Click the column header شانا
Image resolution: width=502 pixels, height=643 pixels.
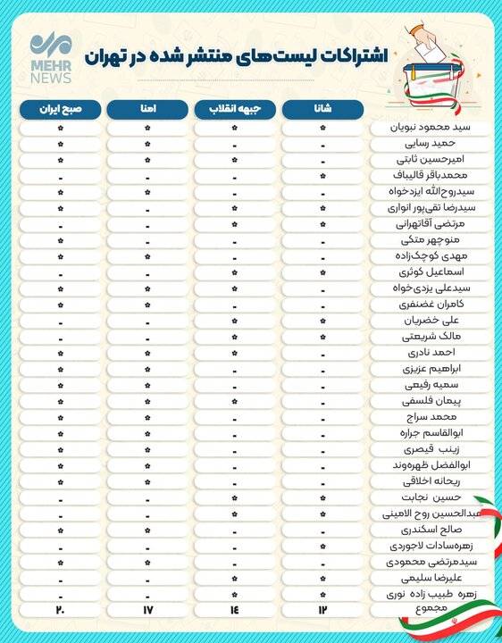coord(322,109)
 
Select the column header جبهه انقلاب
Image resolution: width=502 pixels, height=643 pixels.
coord(235,109)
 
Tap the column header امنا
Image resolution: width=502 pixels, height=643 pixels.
coord(147,109)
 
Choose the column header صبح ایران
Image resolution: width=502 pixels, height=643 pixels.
coord(60,109)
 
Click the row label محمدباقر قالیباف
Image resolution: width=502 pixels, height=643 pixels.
coord(431,176)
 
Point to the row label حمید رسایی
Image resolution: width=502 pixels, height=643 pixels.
coord(431,143)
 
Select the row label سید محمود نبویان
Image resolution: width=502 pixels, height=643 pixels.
coord(431,128)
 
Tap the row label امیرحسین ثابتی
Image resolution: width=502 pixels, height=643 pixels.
coord(431,159)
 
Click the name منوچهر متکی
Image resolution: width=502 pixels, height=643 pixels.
coord(431,239)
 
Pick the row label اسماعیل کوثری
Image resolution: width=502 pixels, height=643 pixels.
coord(431,271)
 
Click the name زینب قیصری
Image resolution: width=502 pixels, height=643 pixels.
coord(431,448)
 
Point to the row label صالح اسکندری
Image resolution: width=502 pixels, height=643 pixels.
coord(431,529)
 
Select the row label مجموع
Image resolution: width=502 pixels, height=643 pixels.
coord(431,609)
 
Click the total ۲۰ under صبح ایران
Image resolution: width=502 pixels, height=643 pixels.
coord(60,609)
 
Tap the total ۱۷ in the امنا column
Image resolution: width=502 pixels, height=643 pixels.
coord(147,609)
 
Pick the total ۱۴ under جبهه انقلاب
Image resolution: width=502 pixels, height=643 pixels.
coord(235,609)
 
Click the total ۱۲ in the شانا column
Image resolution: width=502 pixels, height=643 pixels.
coord(322,609)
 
